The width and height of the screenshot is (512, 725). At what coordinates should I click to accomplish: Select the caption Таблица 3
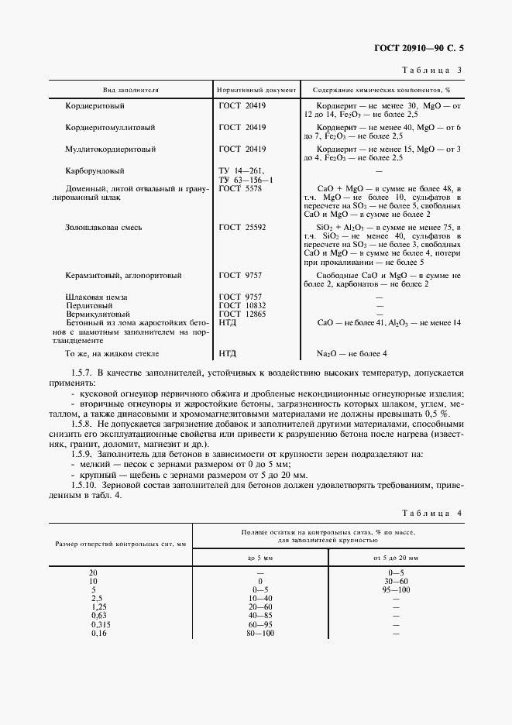pos(432,70)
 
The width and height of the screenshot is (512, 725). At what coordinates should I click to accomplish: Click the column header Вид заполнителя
pos(129,90)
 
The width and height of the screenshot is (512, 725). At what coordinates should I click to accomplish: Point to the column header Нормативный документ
pos(256,90)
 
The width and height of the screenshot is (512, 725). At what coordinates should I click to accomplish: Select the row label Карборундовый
pos(95,170)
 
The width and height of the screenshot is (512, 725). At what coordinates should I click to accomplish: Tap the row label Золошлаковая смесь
pos(103,228)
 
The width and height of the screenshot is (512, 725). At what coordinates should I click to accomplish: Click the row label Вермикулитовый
pos(97,314)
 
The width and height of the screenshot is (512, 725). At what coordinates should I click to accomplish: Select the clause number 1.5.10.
pos(86,485)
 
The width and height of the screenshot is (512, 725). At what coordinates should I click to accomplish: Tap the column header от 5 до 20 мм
pos(395,557)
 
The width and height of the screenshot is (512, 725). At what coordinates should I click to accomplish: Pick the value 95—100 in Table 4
pos(395,589)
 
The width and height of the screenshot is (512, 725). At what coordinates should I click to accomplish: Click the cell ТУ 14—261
pos(242,170)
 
